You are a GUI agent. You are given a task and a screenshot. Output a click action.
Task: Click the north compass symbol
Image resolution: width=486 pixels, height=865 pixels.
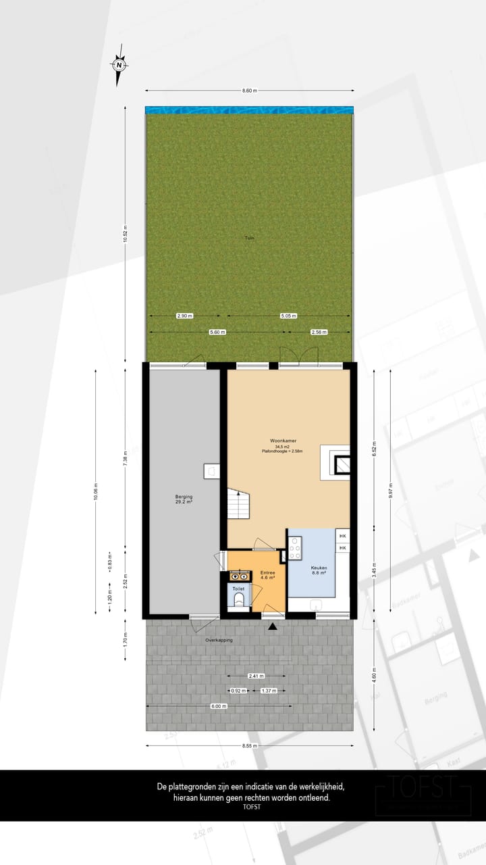point(119,66)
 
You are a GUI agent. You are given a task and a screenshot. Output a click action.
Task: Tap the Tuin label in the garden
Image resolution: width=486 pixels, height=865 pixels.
point(250,238)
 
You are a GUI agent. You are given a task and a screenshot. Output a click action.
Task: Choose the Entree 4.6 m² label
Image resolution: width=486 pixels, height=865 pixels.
point(268,575)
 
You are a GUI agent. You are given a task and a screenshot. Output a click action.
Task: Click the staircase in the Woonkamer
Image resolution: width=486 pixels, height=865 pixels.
point(238,504)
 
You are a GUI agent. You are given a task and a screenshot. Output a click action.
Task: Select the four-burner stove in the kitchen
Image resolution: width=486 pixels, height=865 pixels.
point(295,548)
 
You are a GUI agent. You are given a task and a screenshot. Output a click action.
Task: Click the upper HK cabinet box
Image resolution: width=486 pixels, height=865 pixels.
point(343,536)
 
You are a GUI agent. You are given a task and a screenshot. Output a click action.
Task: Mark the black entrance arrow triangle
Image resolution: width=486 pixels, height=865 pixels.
point(273,628)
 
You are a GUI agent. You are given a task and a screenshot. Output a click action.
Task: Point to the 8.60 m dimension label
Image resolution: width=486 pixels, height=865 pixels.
point(250,91)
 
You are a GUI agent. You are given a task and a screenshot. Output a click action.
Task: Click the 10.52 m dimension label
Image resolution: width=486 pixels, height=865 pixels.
point(125,234)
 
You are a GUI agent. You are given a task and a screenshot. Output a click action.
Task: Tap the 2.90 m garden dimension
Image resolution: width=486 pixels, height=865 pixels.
point(184,316)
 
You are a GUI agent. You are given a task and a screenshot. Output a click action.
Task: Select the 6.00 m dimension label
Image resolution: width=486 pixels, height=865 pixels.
point(217,706)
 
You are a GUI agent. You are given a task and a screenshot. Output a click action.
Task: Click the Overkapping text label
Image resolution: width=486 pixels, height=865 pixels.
point(219,639)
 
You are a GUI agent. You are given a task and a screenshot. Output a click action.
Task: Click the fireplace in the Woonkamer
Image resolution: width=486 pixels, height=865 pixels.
point(341,464)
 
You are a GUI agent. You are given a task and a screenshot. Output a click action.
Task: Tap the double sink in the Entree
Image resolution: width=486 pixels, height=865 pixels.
point(239,576)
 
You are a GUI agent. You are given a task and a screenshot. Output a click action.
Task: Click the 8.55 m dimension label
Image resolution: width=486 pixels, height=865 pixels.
point(250,745)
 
